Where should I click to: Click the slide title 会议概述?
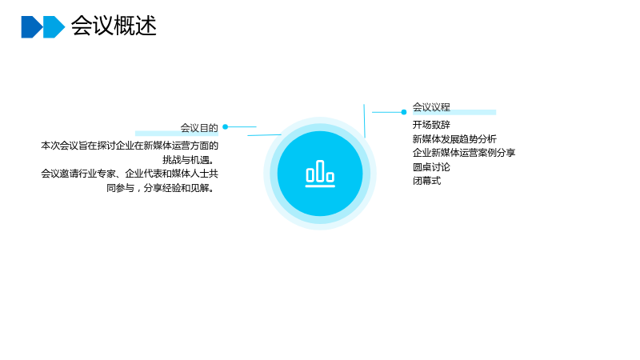click(114, 26)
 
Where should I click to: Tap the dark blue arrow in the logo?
click(32, 27)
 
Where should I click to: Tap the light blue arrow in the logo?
click(54, 27)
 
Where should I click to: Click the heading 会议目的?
click(199, 128)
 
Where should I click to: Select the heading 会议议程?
click(431, 107)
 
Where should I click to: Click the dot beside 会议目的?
click(226, 127)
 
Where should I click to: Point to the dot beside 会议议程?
click(404, 112)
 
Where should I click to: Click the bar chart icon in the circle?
click(320, 174)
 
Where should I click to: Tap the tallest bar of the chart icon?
click(320, 170)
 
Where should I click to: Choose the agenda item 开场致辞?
click(431, 125)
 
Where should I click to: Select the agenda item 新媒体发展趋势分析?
click(454, 138)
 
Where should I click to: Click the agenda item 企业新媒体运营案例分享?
click(464, 153)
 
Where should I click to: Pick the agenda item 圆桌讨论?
click(431, 167)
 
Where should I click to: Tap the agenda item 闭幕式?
click(427, 181)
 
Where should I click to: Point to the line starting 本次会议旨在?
click(130, 146)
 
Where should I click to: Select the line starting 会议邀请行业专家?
click(130, 174)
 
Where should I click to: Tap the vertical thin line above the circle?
click(365, 121)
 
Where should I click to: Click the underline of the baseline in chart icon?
click(320, 186)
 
